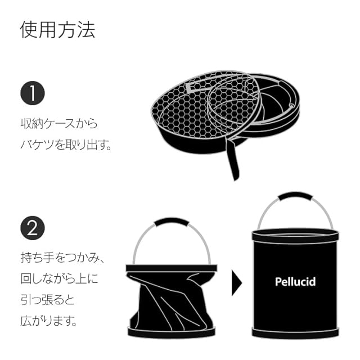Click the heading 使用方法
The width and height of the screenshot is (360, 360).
click(57, 29)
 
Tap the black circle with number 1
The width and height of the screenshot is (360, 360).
click(33, 93)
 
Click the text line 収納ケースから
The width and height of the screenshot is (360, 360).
click(58, 122)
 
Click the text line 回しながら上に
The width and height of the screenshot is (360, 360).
click(58, 279)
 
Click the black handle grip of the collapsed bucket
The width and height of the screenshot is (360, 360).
click(171, 222)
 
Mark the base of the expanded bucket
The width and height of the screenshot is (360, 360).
click(295, 333)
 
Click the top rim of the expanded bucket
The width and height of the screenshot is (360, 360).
click(295, 234)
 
